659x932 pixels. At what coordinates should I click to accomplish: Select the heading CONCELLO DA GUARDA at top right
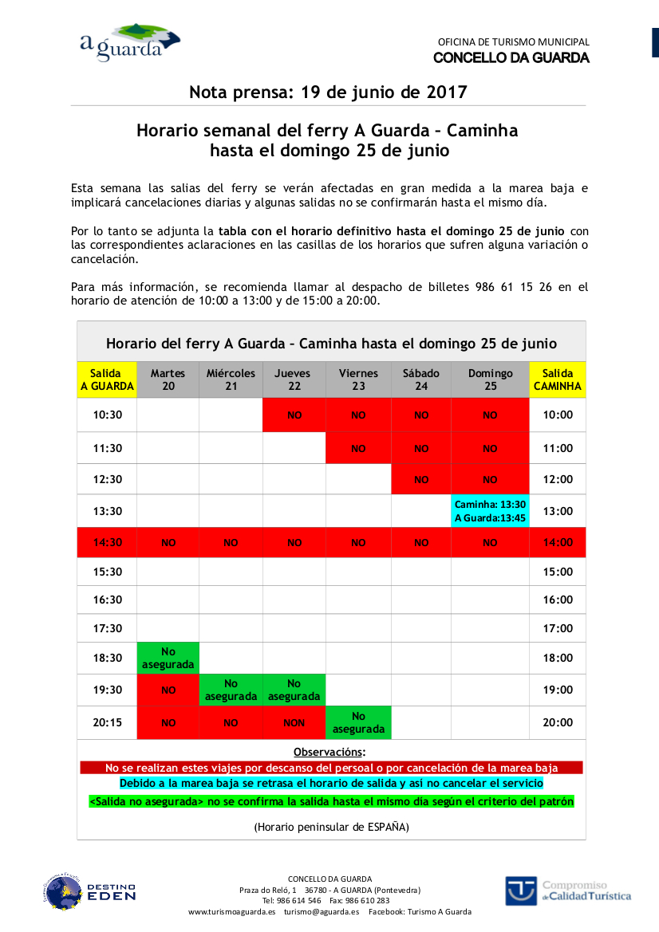tap(511, 58)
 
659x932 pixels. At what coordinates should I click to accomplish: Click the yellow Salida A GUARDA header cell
tap(106, 379)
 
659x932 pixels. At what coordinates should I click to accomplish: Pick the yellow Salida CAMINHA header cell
tap(558, 379)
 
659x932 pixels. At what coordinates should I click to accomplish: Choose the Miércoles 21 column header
tap(231, 379)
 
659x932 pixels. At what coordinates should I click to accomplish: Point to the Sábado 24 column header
tap(421, 379)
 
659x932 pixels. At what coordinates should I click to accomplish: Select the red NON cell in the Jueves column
tap(294, 723)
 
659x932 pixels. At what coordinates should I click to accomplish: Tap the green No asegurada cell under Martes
tap(168, 658)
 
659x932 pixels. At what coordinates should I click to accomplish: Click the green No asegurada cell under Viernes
tap(358, 722)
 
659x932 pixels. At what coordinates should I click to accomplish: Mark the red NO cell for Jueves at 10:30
tap(294, 415)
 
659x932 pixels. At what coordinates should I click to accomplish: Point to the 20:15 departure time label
tap(108, 723)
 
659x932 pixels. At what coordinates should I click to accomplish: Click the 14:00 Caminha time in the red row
tap(558, 542)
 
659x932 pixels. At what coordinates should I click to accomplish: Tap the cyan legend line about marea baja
tap(331, 784)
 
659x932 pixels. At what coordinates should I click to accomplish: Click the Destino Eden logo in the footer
tap(89, 891)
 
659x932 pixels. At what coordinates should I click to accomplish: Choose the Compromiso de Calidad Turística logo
tap(567, 891)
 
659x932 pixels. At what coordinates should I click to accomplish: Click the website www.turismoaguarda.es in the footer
tap(231, 911)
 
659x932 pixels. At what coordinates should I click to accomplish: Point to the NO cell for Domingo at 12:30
tap(490, 480)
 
